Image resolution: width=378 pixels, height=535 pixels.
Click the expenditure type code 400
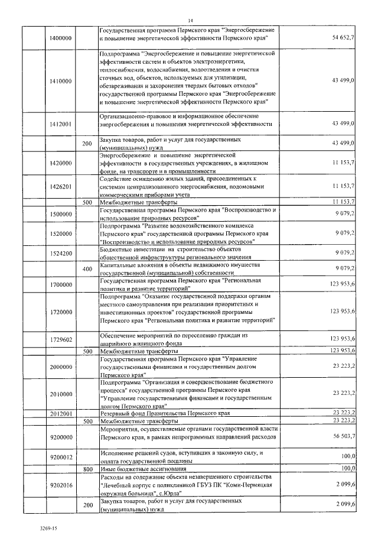[x=87, y=269]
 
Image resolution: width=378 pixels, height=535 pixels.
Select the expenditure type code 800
[x=87, y=468]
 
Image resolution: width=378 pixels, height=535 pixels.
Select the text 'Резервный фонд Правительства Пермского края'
[x=164, y=413]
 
